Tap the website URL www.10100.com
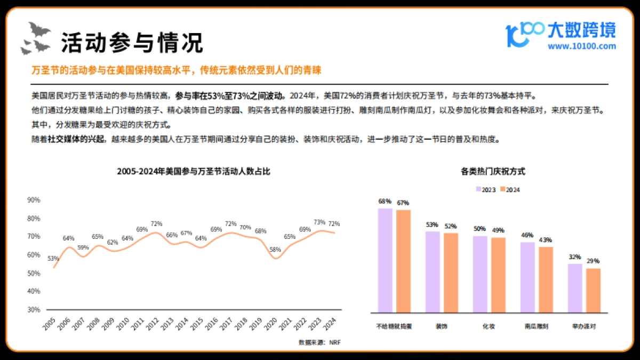click(582, 46)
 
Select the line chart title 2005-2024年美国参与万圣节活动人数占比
click(194, 172)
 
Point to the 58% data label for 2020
click(275, 249)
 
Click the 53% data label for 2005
click(53, 258)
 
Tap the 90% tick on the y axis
click(34, 200)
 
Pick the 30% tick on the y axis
click(34, 309)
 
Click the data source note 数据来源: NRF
click(319, 342)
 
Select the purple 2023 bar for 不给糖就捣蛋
click(385, 260)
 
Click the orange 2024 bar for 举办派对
click(593, 290)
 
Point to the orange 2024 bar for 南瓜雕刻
click(546, 279)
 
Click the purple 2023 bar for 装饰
click(432, 272)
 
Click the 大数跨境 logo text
click(581, 30)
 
